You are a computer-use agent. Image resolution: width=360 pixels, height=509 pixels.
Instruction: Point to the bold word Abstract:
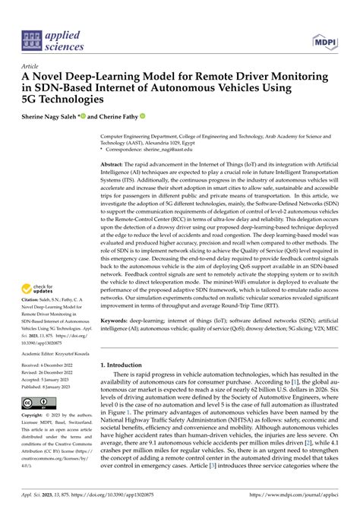pos(113,164)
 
